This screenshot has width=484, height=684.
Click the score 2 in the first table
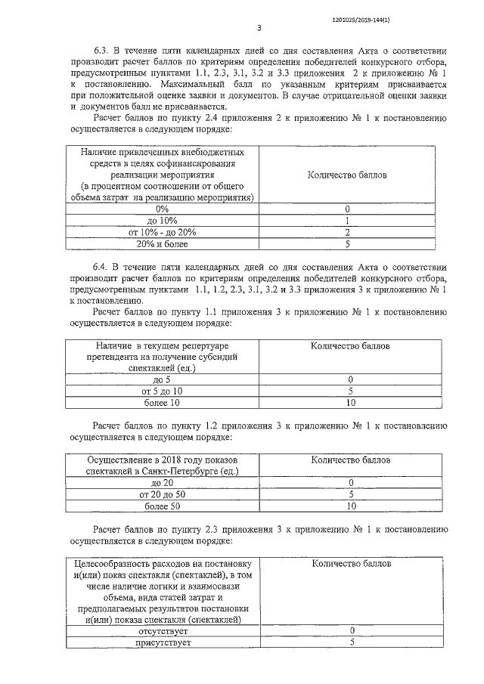point(346,232)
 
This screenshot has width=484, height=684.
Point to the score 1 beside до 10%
point(346,220)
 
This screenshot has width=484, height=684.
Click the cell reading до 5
point(162,379)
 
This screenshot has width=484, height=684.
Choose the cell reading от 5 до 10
point(162,392)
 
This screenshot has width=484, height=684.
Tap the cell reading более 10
point(162,404)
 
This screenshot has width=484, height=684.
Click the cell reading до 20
point(162,482)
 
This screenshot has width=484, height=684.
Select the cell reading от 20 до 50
point(162,494)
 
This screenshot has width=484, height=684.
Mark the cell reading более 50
point(162,506)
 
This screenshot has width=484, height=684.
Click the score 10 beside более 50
point(351,506)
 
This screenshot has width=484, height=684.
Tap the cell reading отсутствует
point(163,630)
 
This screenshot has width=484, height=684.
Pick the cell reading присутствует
point(163,642)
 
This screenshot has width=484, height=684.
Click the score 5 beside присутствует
point(352,642)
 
